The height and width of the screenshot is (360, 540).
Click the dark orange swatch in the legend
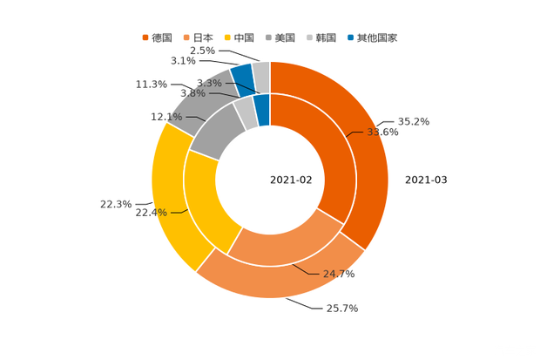pyautogui.click(x=145, y=37)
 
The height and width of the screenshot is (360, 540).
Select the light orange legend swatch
pyautogui.click(x=186, y=37)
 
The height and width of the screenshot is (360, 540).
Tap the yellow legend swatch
pyautogui.click(x=228, y=37)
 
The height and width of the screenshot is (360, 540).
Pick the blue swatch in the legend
pyautogui.click(x=350, y=37)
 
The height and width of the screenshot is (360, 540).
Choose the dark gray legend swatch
pyautogui.click(x=270, y=37)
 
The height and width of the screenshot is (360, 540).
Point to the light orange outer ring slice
pyautogui.click(x=279, y=282)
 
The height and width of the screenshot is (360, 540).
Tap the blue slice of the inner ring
pyautogui.click(x=261, y=109)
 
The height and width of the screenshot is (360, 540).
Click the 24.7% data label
pyautogui.click(x=340, y=275)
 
